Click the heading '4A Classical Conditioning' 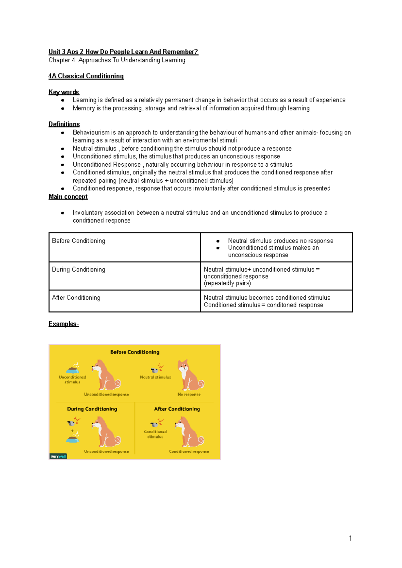pos(86,76)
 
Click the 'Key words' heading pos(64,92)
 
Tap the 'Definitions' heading pos(64,124)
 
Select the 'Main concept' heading pos(68,197)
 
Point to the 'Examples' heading pos(63,324)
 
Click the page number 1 pos(350,538)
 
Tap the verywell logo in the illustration pos(58,456)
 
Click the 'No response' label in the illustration pos(189,395)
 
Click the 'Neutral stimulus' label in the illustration pos(155,377)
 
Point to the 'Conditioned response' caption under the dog pos(189,452)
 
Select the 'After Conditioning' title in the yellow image pos(177,409)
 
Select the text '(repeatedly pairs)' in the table pos(227,283)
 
